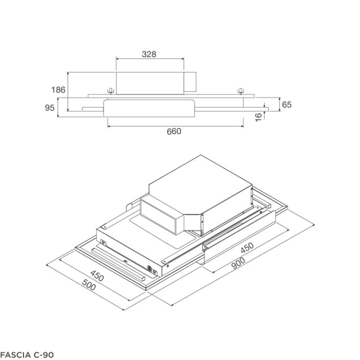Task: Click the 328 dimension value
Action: (149, 54)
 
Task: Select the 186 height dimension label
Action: (58, 90)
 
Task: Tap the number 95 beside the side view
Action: (50, 108)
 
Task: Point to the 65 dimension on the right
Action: (286, 105)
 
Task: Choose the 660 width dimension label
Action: (174, 131)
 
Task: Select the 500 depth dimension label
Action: (88, 284)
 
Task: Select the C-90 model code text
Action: (44, 354)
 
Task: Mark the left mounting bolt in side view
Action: (110, 90)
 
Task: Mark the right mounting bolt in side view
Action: (240, 90)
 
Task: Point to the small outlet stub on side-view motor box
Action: (190, 83)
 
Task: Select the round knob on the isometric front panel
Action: (151, 269)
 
